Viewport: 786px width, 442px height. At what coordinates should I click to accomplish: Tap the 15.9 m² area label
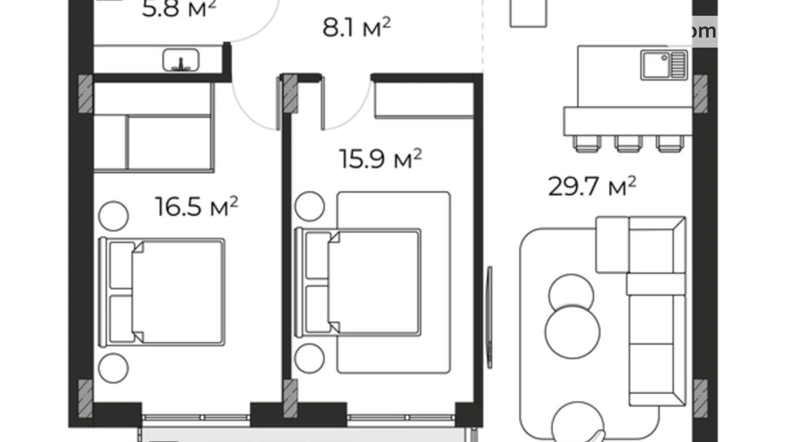tap(380, 159)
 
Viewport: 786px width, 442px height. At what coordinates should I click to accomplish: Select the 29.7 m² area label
tap(592, 187)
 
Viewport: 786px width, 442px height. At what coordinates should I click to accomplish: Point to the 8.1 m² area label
tap(356, 28)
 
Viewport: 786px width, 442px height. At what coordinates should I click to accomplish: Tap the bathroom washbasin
tap(181, 60)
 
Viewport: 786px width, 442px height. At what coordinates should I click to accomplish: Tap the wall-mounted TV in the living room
tap(489, 317)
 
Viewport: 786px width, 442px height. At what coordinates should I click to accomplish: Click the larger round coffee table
tap(572, 331)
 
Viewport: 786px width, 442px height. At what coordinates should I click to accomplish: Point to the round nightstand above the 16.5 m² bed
tap(113, 216)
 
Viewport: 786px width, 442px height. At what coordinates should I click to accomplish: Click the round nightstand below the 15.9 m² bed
tap(309, 358)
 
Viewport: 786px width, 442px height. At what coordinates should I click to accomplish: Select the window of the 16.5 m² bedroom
tap(196, 417)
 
